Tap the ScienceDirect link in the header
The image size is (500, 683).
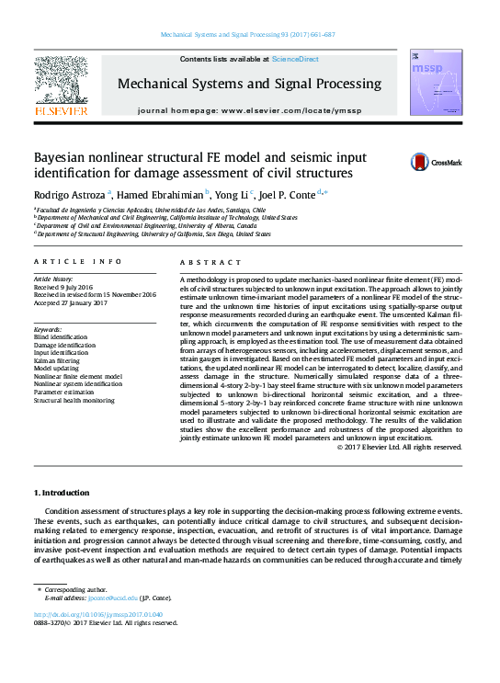[x=294, y=59]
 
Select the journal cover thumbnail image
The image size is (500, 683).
[x=430, y=84]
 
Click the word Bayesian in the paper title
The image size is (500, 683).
[x=64, y=157]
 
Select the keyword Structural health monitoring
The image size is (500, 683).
[x=74, y=401]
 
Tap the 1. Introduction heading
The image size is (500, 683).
[x=61, y=494]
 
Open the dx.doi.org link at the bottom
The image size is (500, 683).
[x=97, y=614]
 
